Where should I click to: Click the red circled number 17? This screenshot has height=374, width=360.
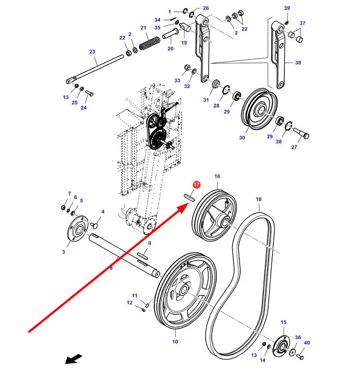click(196, 184)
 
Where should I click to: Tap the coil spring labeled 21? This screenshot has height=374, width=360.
click(150, 43)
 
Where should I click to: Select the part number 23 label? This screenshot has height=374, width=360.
click(92, 51)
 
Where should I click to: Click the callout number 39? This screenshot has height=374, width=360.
click(287, 8)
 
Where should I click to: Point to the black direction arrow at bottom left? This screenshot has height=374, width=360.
click(74, 359)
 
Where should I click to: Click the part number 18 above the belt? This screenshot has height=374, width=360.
click(258, 199)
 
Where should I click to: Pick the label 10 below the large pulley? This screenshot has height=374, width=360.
click(175, 342)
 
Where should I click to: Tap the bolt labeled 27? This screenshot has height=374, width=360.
click(301, 133)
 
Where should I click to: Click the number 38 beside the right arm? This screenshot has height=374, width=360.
click(298, 62)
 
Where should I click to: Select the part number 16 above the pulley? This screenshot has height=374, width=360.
click(217, 176)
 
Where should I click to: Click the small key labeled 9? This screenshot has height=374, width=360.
click(143, 256)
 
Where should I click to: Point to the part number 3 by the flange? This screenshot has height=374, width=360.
click(63, 252)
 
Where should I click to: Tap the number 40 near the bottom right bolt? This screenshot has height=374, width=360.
click(307, 343)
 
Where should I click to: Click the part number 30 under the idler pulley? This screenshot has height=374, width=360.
click(242, 138)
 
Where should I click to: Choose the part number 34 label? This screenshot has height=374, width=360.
click(157, 20)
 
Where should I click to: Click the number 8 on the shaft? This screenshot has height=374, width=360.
click(111, 268)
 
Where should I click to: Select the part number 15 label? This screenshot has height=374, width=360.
click(283, 322)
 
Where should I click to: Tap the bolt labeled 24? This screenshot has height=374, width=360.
click(89, 93)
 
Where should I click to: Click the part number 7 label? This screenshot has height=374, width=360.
click(69, 193)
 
